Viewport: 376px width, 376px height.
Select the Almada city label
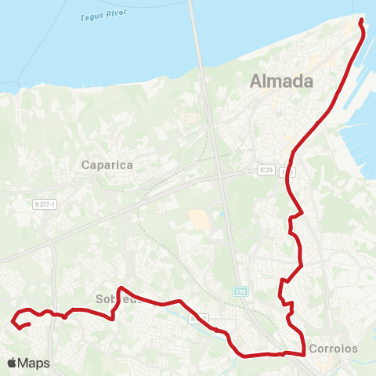[x=280, y=81]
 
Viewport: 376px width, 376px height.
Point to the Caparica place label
[x=107, y=165]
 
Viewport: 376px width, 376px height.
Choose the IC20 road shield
[x=265, y=170]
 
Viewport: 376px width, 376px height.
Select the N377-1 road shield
[x=47, y=204]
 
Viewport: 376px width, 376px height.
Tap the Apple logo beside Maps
[x=13, y=363]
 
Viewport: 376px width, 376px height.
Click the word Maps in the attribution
[x=34, y=363]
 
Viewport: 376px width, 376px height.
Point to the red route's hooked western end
[x=13, y=320]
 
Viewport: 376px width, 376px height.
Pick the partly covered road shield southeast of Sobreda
[x=200, y=318]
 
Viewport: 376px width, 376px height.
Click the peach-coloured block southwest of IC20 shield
[x=200, y=219]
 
